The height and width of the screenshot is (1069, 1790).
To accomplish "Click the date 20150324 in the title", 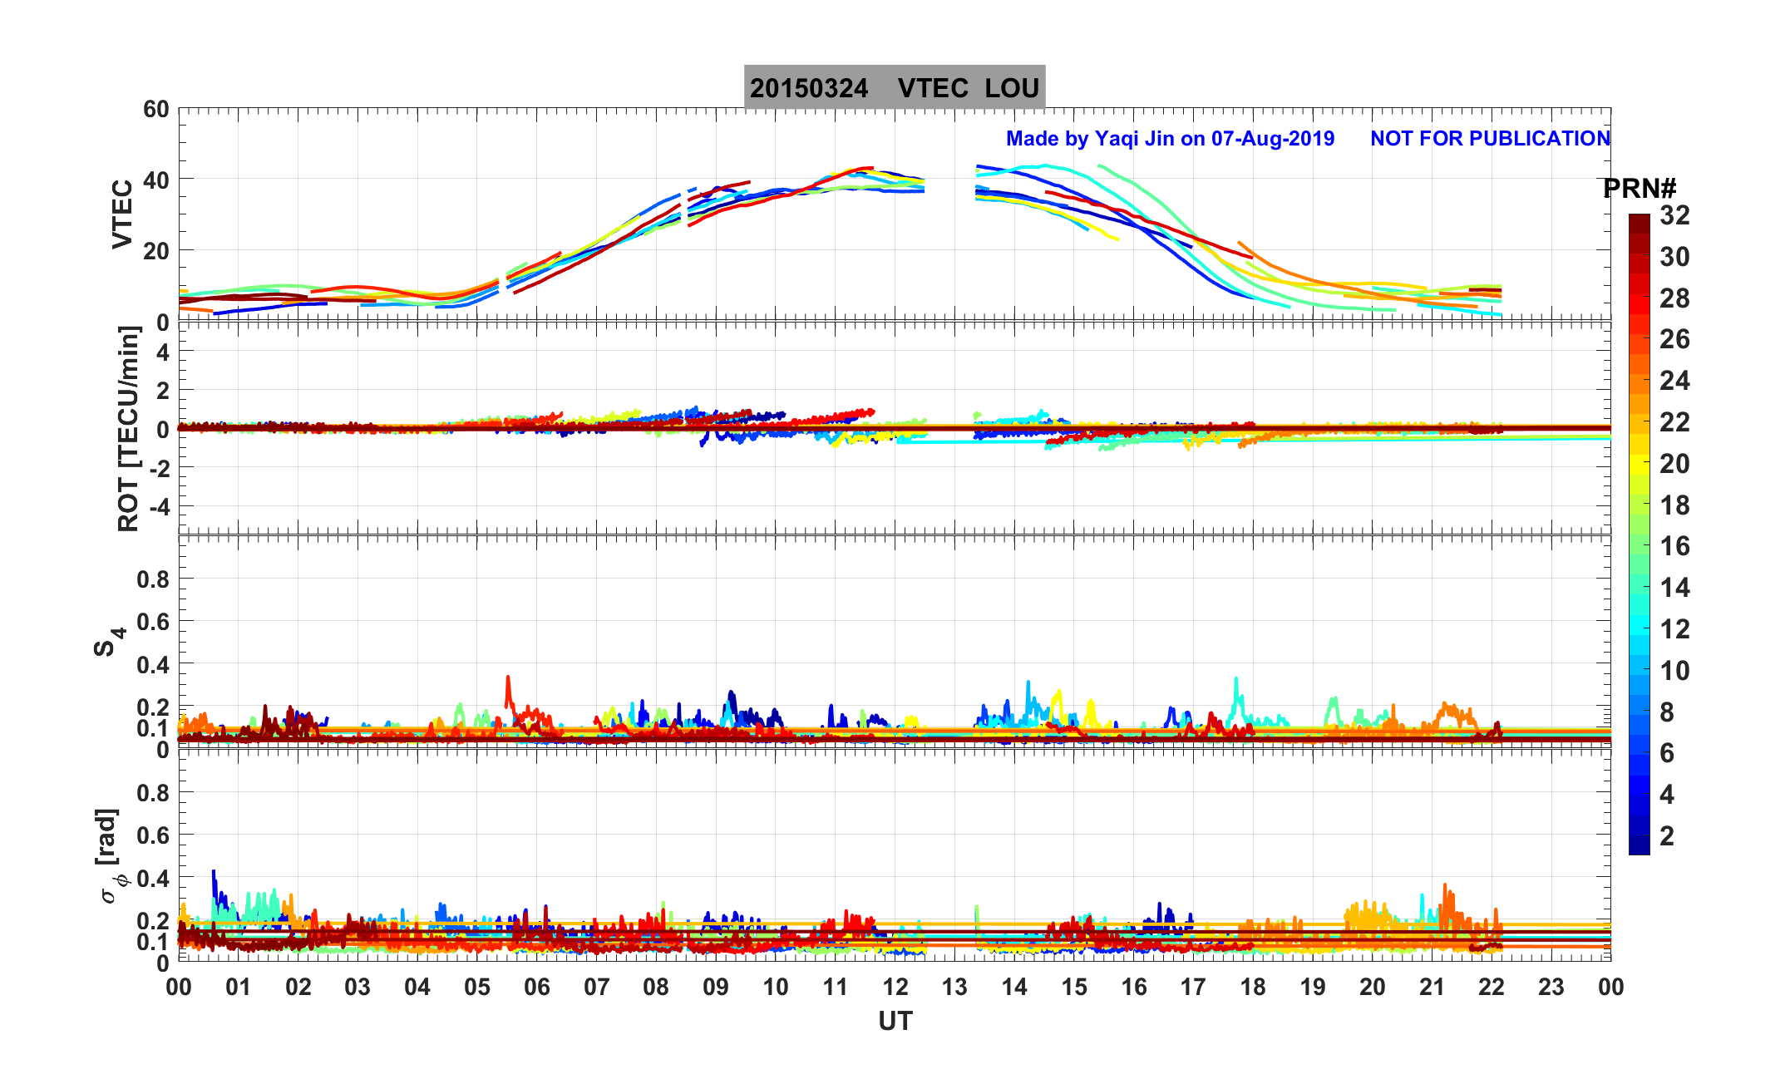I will [x=808, y=88].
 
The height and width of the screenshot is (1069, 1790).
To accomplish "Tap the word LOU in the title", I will [x=1012, y=88].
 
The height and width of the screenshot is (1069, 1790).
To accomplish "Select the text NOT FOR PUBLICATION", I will [x=1490, y=139].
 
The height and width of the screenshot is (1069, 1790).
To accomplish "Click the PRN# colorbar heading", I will [x=1639, y=189].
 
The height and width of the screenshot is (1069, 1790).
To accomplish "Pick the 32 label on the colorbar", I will [x=1674, y=215].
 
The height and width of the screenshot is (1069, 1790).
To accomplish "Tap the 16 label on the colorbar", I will [x=1674, y=546].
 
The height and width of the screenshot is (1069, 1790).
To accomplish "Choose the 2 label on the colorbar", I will [x=1666, y=836].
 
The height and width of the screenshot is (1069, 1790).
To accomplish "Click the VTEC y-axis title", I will [x=122, y=214].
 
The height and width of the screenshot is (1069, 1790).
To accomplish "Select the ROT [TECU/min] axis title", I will [x=128, y=429].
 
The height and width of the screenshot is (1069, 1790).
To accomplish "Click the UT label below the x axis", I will [x=895, y=1021].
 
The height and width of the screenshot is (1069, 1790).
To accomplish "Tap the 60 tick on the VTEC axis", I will [x=155, y=109].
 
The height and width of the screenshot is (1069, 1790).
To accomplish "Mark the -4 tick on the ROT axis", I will [x=155, y=506].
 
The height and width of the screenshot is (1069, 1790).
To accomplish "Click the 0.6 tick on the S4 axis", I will [x=152, y=622].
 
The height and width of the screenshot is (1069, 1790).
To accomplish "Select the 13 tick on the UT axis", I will [x=954, y=988].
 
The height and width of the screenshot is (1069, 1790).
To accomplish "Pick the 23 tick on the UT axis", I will [x=1551, y=988].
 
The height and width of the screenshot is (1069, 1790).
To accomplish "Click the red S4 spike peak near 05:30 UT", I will [x=507, y=677].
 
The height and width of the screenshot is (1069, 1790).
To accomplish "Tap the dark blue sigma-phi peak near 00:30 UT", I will [x=214, y=871].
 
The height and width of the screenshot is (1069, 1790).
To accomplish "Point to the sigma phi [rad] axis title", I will [x=111, y=856].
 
